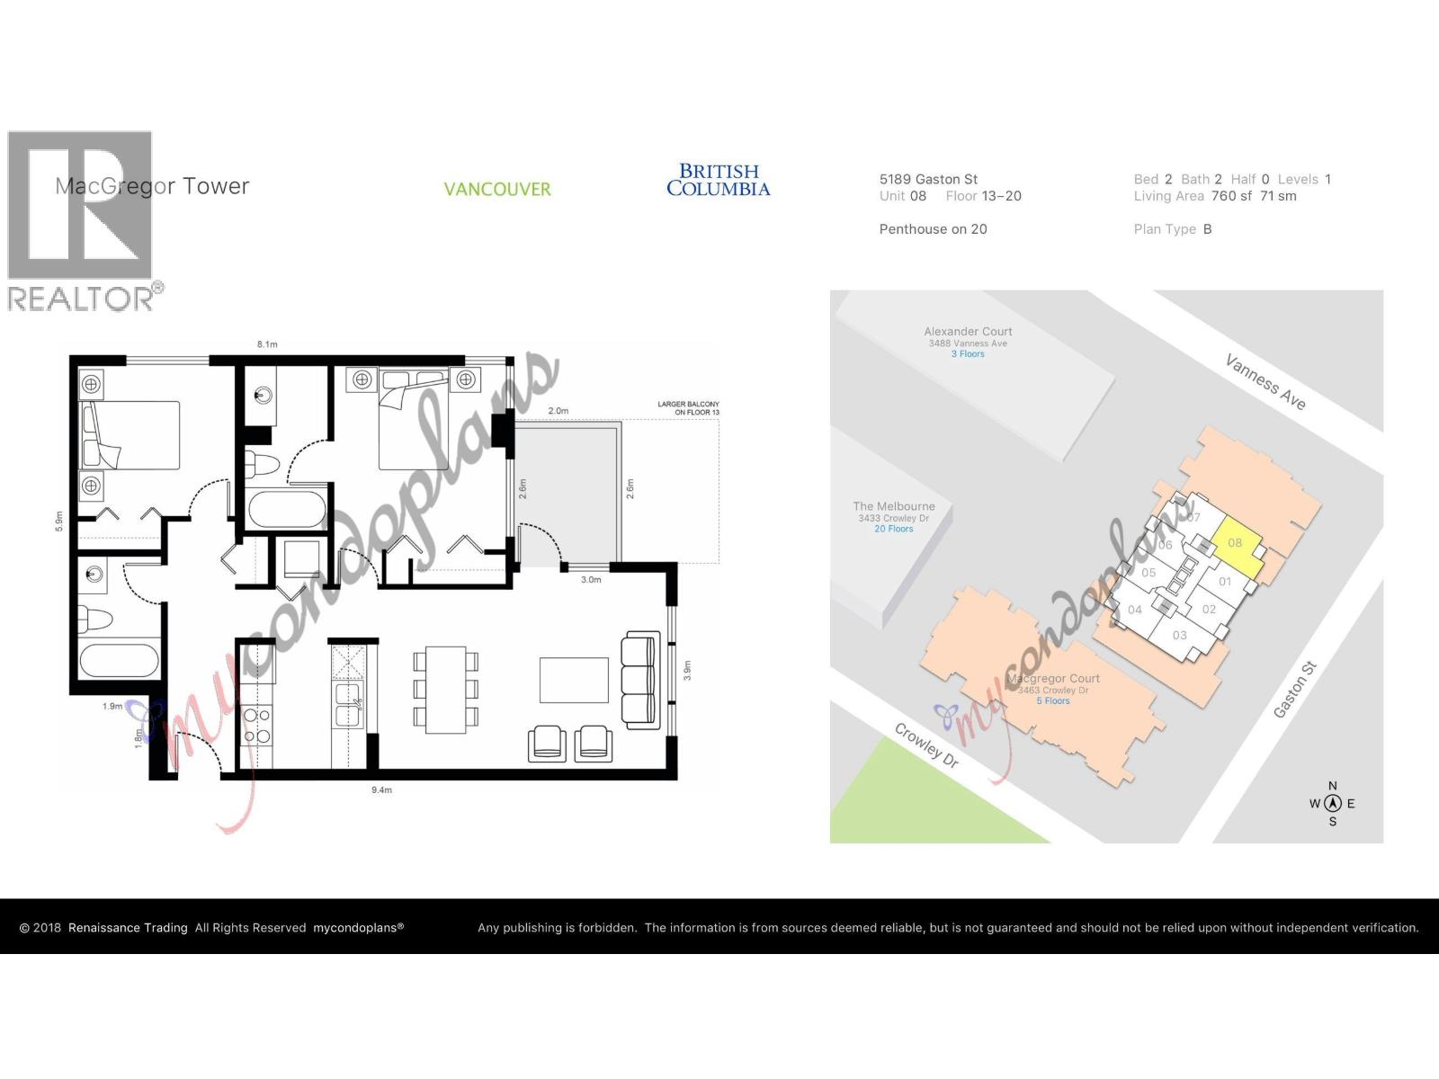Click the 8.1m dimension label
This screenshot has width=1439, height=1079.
(267, 344)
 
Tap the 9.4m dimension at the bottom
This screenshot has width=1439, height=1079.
(381, 790)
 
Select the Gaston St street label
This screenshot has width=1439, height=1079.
(1295, 690)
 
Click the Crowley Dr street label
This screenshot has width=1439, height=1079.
(926, 745)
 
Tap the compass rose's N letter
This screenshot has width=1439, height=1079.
(1333, 786)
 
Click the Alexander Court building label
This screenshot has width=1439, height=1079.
(968, 332)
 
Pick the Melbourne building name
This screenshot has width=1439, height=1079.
(894, 506)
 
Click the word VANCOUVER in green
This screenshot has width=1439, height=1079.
(497, 190)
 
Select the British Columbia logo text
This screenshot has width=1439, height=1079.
(718, 180)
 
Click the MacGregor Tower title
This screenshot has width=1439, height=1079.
(152, 186)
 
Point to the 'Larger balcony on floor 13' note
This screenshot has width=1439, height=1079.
(688, 408)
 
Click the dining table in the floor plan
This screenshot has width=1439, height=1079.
(445, 690)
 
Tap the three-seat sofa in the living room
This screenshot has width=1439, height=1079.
(639, 678)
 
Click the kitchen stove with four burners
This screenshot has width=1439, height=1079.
(256, 725)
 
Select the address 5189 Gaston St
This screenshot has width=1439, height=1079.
(928, 179)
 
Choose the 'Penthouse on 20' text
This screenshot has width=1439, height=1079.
(933, 229)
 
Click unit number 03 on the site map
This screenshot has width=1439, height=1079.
(1179, 636)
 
